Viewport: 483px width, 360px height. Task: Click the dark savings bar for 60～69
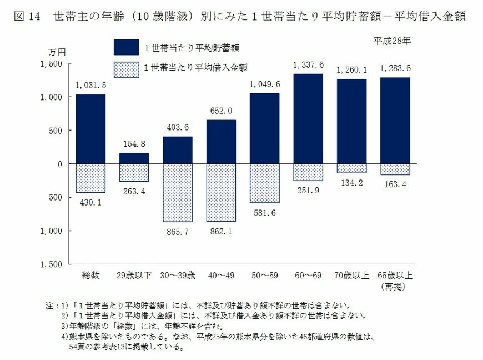[308, 119]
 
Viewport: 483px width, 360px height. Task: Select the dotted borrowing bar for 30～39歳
[178, 193]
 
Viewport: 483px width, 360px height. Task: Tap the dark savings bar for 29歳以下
[134, 158]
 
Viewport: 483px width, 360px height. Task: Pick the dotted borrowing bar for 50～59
[265, 183]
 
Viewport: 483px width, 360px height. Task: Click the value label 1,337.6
[308, 65]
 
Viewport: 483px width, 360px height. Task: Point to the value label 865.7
[178, 231]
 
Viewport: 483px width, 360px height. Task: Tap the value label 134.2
[351, 183]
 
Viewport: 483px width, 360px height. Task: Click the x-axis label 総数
[90, 275]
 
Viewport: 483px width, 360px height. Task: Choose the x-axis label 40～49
[221, 275]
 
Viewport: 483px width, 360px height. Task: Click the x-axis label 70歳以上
[351, 275]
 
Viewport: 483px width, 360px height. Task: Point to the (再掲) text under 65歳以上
[395, 286]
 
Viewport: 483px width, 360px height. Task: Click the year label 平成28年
[392, 41]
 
